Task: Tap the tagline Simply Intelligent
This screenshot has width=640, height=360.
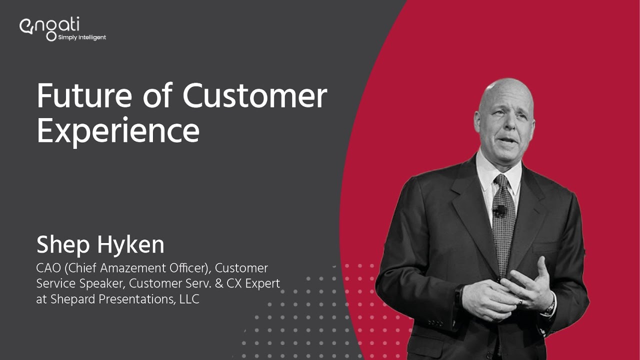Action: (x=82, y=37)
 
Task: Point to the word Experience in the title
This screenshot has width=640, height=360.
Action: (x=118, y=131)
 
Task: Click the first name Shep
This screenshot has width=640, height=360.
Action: (x=61, y=245)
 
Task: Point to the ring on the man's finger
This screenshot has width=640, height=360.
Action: (x=520, y=301)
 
